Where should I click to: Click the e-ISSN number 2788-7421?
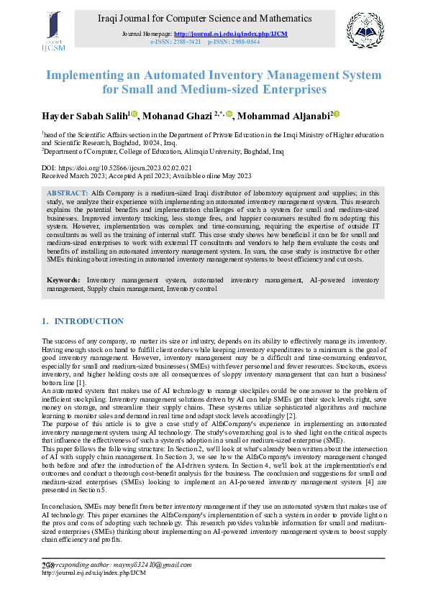coord(186,42)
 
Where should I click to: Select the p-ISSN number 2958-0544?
coord(244,42)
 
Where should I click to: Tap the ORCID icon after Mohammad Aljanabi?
coord(335,114)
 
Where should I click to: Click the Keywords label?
coord(64,279)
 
